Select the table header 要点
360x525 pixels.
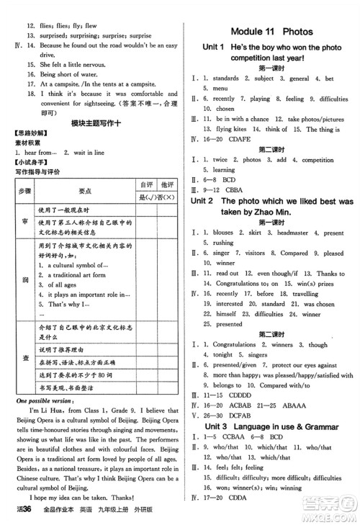pos(84,190)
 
